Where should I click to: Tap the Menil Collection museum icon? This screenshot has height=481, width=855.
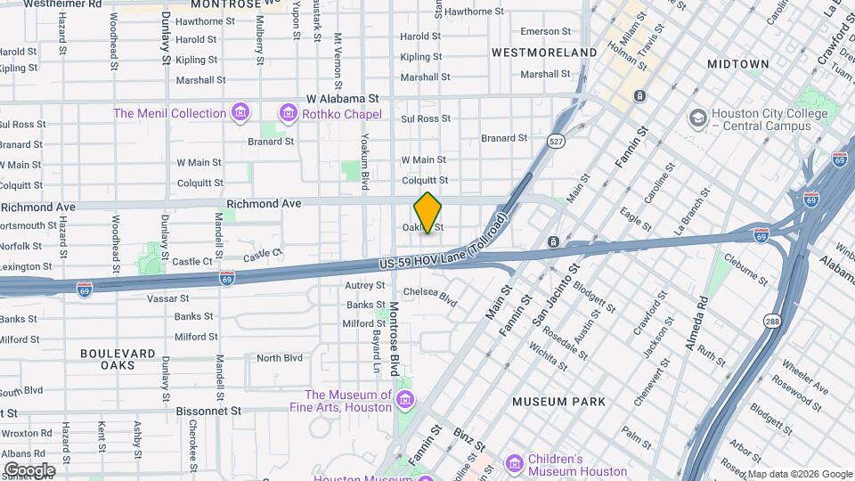pos(239,113)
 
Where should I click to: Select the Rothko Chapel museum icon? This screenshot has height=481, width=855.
pos(288,113)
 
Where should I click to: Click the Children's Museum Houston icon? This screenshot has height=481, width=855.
pos(514,464)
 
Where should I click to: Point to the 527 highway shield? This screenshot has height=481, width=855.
pos(556,142)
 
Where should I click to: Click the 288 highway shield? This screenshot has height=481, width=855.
pos(771,319)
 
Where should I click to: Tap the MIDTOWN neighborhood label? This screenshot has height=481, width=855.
pos(737,64)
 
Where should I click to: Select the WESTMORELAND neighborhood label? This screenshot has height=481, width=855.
pos(544,53)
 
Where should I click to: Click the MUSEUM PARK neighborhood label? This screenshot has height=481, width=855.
pos(559,402)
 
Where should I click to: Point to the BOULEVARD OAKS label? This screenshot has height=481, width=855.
pos(118,359)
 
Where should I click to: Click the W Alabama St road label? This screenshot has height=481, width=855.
pos(342,98)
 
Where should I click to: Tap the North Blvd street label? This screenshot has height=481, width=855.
pos(280,358)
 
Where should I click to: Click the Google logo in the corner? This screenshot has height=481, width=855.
pos(29,469)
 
